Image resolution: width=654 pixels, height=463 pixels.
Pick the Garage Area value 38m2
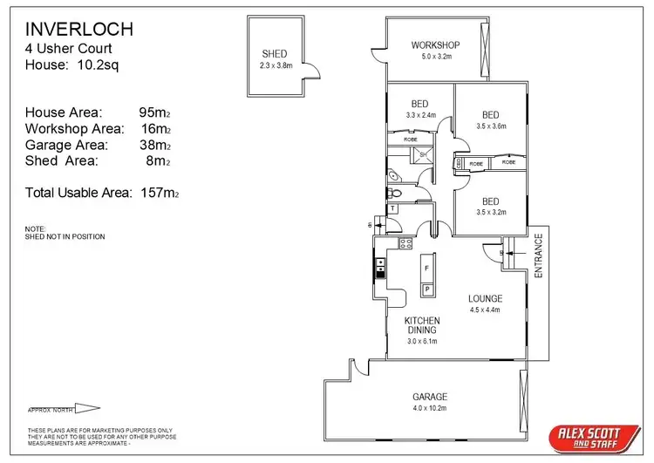pos(154,145)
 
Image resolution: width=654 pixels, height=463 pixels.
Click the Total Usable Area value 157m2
pos(160,192)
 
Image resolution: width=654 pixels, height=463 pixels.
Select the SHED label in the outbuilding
pos(274,54)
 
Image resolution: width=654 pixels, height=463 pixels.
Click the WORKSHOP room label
pos(435,46)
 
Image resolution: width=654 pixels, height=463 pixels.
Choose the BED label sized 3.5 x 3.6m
pos(490,115)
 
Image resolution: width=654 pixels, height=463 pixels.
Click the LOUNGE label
pos(486,298)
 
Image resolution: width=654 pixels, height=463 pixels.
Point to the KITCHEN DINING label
pos(421,325)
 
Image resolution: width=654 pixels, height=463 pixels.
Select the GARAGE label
pos(429,396)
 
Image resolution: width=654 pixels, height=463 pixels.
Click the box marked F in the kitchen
pos(428,269)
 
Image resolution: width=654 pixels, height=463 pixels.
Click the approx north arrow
pos(87,407)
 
